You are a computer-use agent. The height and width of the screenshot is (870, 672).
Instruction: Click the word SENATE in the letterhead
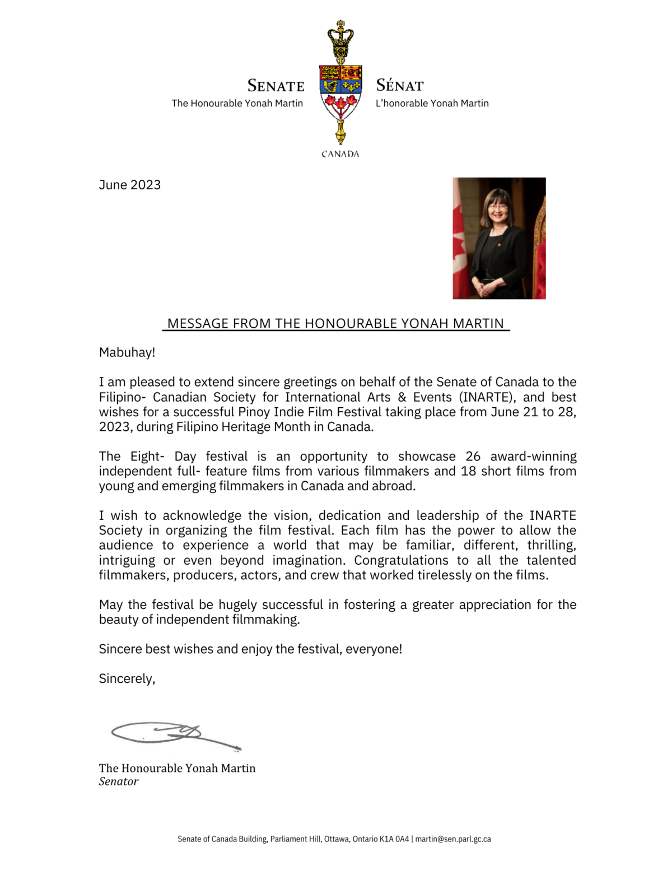tap(276, 86)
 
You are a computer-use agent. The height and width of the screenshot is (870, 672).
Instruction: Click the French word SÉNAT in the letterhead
tap(399, 86)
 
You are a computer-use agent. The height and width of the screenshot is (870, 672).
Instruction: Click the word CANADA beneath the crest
tap(340, 154)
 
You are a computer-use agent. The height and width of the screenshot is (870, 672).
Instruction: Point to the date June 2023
tap(129, 185)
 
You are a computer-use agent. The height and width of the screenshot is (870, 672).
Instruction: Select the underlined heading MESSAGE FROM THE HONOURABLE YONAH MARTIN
tap(335, 324)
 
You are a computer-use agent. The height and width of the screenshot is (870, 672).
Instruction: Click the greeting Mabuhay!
tap(127, 352)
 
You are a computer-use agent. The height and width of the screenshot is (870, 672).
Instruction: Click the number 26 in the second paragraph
tap(473, 457)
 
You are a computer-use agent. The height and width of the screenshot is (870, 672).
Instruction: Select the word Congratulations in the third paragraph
tap(401, 560)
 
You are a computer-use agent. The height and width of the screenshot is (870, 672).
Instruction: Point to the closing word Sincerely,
tap(127, 679)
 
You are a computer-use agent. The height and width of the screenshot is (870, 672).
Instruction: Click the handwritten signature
tap(174, 733)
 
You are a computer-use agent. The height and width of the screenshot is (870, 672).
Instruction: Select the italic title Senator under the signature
tap(118, 781)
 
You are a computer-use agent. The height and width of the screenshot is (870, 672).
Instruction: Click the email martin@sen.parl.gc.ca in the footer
tap(452, 839)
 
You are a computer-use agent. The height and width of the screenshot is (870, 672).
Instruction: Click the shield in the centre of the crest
tap(340, 90)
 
